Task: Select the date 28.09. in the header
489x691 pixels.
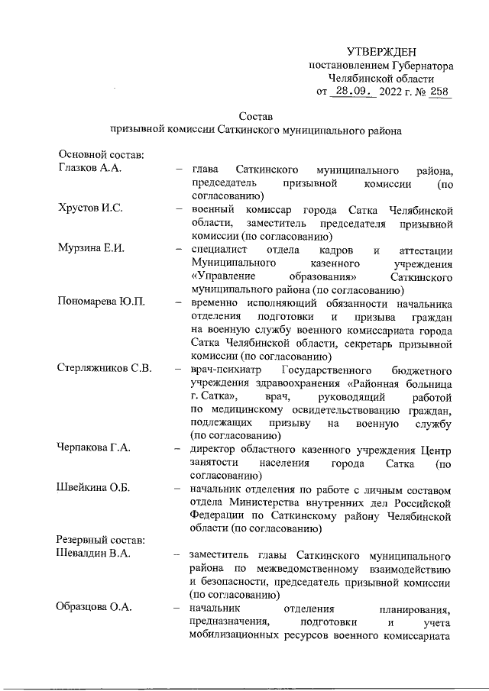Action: (x=357, y=92)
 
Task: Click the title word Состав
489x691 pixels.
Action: (x=255, y=116)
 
